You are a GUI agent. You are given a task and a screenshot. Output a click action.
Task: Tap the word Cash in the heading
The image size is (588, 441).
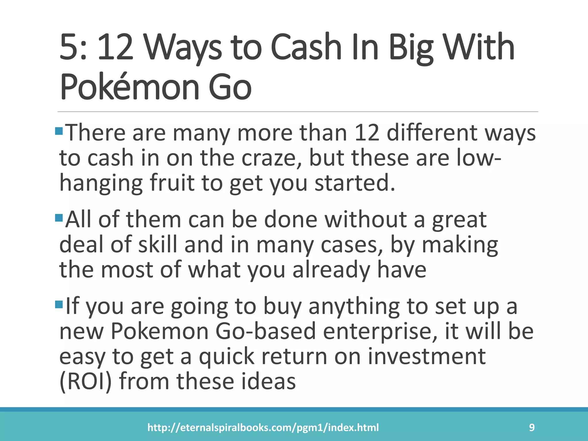[x=306, y=47]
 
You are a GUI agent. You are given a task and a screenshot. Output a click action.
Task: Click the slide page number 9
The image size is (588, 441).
[x=532, y=428]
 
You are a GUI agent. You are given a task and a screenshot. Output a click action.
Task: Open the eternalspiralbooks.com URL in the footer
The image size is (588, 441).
[x=263, y=428]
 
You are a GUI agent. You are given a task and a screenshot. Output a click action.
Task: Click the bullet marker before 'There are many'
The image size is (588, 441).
[x=59, y=131]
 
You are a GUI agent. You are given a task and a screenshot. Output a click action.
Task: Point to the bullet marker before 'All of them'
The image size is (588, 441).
[x=59, y=218]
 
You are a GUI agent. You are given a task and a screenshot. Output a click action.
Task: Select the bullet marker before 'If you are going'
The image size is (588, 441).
[x=59, y=305]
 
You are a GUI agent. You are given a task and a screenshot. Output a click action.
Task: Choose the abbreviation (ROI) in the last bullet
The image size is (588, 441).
[x=85, y=381]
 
